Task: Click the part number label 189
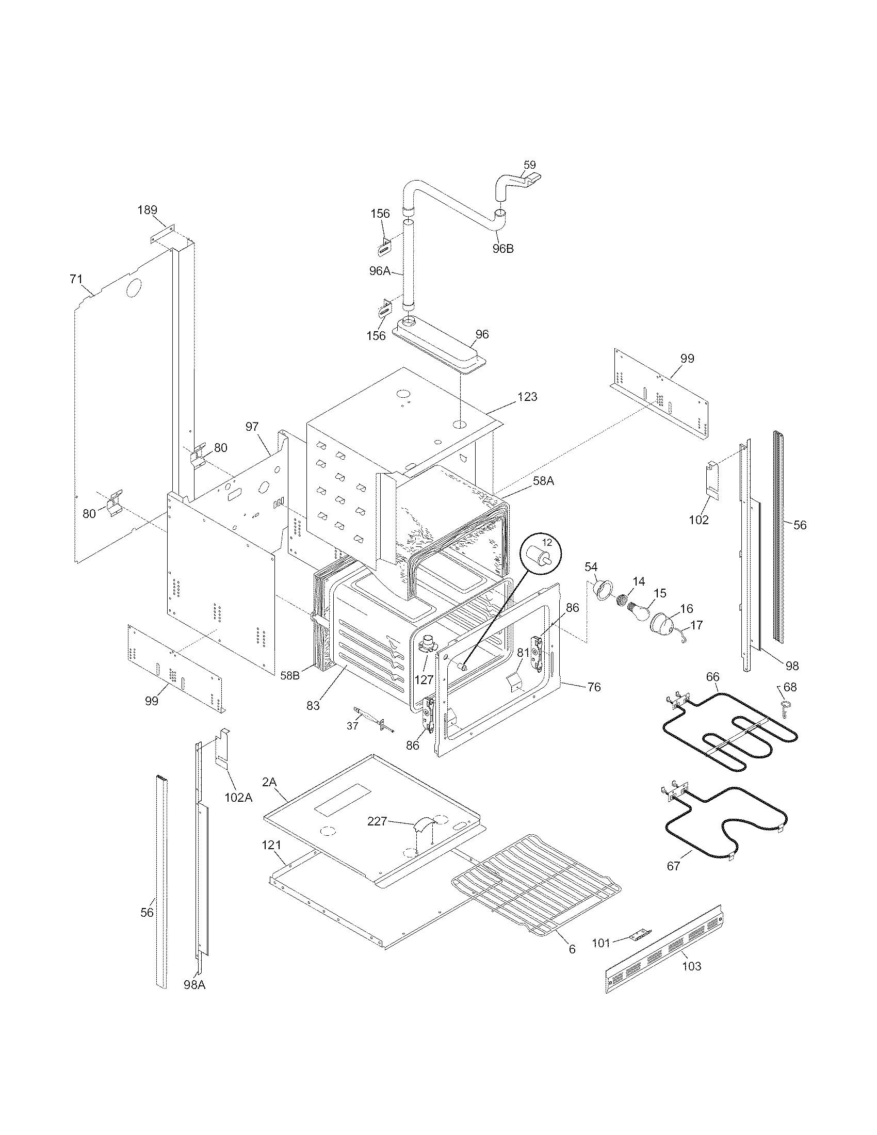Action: [x=147, y=210]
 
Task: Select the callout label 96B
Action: [x=503, y=249]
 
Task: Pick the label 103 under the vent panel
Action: [x=691, y=966]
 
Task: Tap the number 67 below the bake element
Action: [x=673, y=866]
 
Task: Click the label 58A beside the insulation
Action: [x=543, y=481]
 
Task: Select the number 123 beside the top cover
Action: [x=527, y=397]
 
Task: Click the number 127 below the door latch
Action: [x=424, y=679]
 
